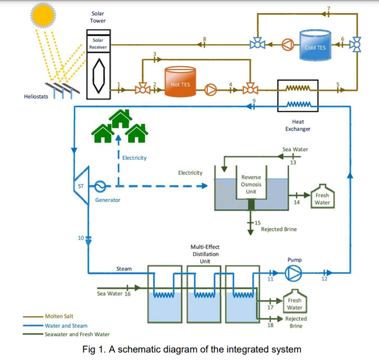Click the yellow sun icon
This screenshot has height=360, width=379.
43,15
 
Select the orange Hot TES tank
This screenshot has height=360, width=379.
180,82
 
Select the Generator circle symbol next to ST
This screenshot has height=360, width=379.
100,186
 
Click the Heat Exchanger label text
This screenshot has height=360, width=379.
298,125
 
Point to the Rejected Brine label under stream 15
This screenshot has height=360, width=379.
279,229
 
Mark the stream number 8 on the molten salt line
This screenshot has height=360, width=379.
204,38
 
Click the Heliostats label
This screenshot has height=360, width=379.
36,97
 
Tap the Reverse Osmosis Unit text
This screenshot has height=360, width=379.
251,185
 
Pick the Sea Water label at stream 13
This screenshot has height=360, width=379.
295,150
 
